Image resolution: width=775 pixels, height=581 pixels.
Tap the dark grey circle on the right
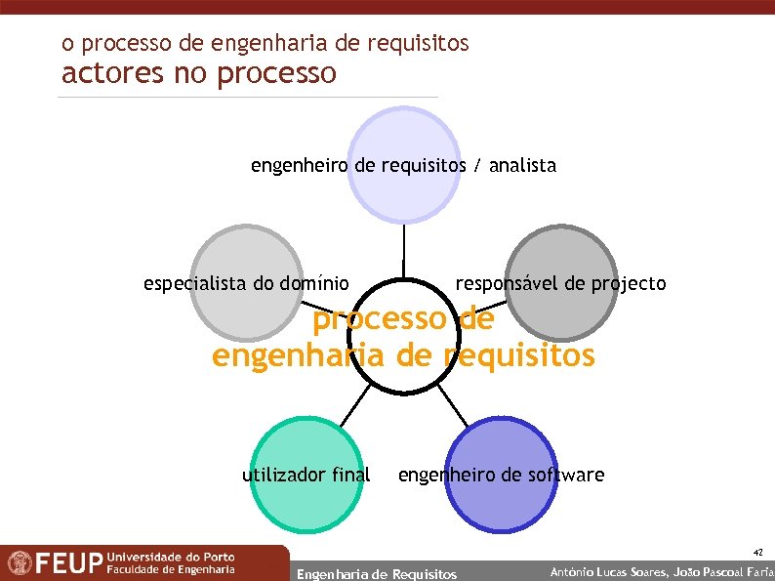point(562,249)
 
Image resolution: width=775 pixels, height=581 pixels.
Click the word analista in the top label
point(522,166)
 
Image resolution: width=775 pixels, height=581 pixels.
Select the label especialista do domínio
point(245,284)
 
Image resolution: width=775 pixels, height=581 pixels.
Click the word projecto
point(629,284)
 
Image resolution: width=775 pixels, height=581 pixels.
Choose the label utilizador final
point(306,476)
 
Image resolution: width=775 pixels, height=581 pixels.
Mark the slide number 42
point(757,553)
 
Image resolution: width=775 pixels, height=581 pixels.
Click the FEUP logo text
point(69,564)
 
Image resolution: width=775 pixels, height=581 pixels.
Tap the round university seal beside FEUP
point(19,563)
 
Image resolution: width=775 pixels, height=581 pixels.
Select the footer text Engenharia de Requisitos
point(376,574)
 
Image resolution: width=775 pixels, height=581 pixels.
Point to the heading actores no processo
point(199,74)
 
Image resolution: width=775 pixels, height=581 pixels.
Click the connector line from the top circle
point(403,251)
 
